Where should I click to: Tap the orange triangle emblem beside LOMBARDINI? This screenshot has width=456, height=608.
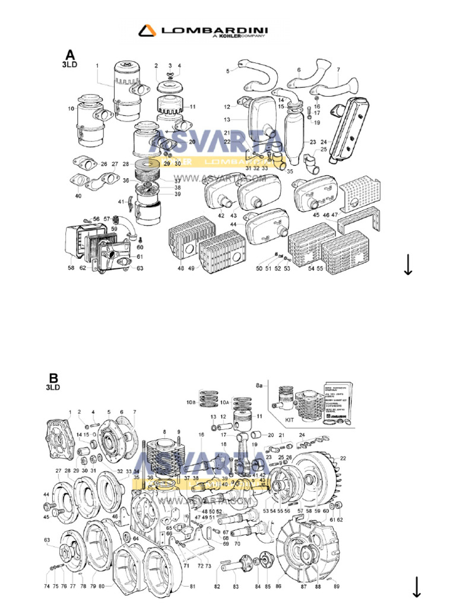coord(147,30)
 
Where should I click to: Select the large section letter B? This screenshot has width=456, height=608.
coord(53,378)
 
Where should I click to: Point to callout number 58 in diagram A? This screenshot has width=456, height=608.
coord(71,268)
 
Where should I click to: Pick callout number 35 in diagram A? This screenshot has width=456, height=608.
coord(289,171)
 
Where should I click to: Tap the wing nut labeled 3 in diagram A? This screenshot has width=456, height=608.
coord(170,74)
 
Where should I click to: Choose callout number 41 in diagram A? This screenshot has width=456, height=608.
coord(121,202)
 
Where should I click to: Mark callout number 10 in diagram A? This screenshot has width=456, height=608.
coord(71,109)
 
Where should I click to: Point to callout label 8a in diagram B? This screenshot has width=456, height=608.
coord(259,386)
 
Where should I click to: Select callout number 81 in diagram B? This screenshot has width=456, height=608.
coord(192,587)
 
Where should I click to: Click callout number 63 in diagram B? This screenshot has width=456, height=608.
coord(46,540)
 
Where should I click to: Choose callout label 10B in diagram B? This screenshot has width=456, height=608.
coord(191,403)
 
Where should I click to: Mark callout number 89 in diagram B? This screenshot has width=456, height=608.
coord(337,587)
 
